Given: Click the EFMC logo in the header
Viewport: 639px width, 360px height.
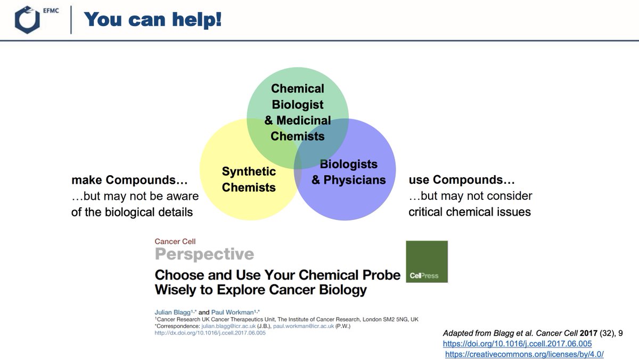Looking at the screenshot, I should [32, 20].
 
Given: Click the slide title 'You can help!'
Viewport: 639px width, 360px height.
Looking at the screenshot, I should [153, 20].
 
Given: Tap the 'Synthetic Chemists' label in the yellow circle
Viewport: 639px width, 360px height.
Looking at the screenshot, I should [249, 179].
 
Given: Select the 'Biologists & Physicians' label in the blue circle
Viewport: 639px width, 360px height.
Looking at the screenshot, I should [348, 172].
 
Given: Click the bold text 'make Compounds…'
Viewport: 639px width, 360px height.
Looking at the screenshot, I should [129, 181].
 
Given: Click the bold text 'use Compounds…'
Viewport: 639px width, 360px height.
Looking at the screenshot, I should [462, 180].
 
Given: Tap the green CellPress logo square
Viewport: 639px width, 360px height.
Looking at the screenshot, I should [427, 261].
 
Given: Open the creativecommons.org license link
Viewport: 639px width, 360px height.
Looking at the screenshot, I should [525, 354].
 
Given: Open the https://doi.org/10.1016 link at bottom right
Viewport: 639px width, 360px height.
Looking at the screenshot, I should [517, 343].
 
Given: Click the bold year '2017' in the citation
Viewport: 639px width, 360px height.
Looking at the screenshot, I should [578, 333].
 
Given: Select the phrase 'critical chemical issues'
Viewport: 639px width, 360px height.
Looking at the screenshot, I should [470, 211].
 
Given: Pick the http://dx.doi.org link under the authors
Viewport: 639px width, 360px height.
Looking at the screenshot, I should [210, 333].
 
